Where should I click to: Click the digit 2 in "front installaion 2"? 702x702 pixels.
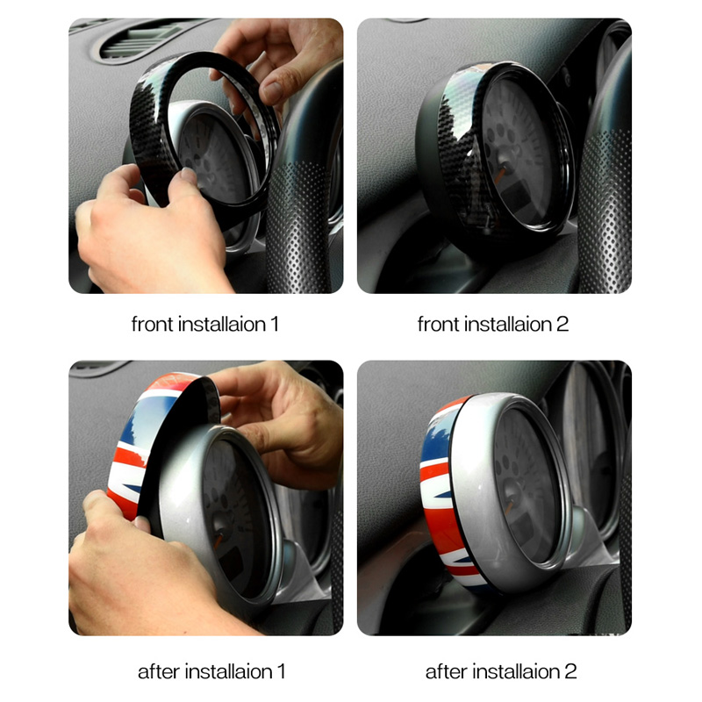[562, 324]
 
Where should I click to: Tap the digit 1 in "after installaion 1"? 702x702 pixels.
[281, 671]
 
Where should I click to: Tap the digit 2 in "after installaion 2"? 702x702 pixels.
[570, 671]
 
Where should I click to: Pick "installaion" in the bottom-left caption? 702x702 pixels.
[228, 671]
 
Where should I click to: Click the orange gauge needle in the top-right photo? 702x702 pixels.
[499, 175]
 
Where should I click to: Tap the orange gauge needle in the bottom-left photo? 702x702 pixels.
[218, 541]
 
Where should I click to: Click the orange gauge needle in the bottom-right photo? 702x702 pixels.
[509, 507]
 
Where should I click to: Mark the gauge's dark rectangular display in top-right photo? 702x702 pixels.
[515, 196]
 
